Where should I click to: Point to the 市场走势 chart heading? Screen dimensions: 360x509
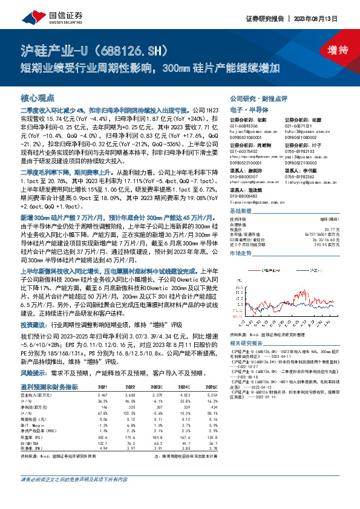(241, 254)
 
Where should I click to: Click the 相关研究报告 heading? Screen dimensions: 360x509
(246, 342)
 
